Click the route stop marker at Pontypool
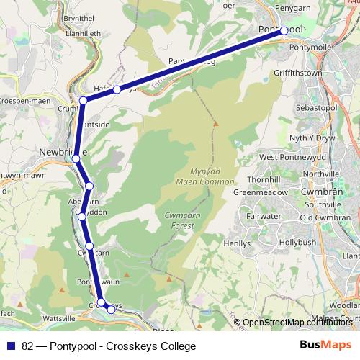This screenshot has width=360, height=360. (x=284, y=30)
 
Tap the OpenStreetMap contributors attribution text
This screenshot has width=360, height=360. (x=296, y=323)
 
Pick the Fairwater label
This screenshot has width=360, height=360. (x=264, y=215)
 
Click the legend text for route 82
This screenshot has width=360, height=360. (x=108, y=346)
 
